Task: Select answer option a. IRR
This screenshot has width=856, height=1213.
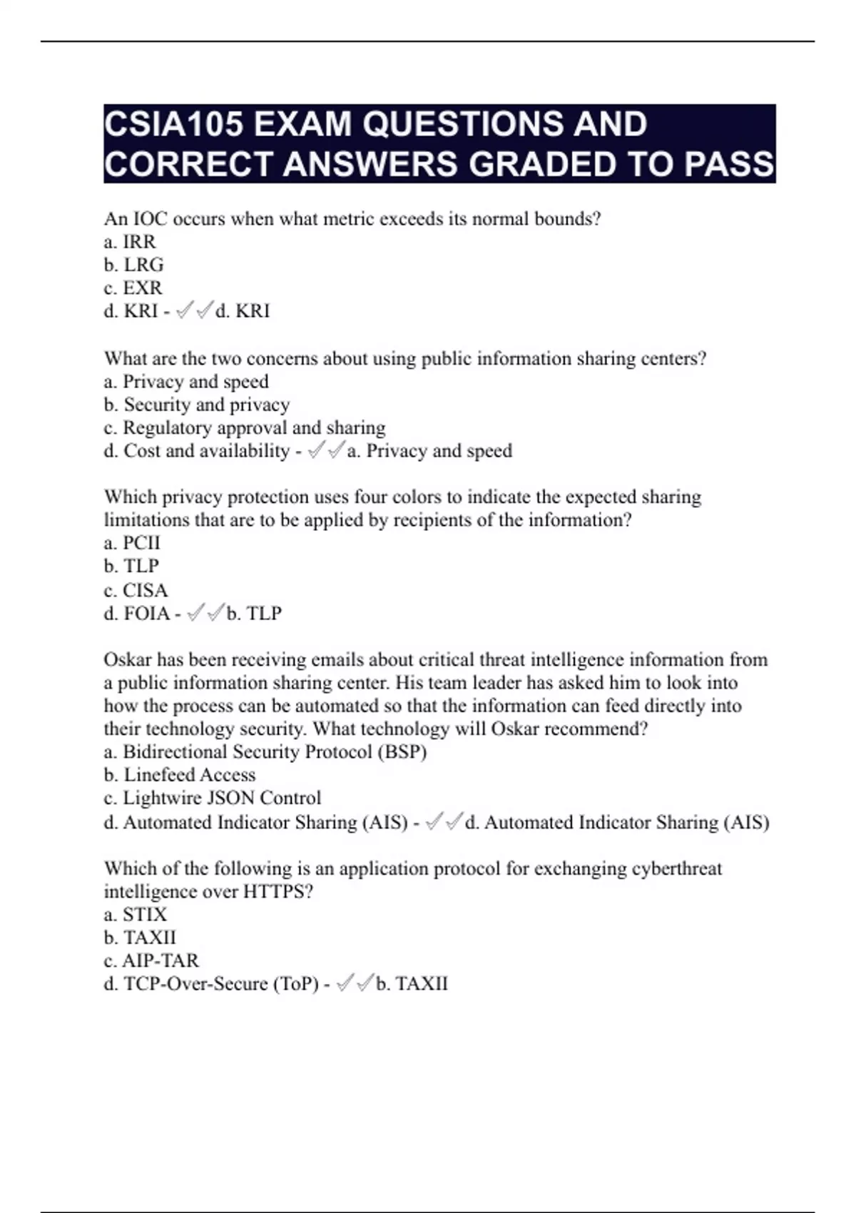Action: point(130,242)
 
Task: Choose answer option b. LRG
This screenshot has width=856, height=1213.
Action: point(133,265)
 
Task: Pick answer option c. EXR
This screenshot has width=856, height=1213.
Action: point(133,288)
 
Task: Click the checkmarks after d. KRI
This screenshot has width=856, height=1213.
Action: point(195,310)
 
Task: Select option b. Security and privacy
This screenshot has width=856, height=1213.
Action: point(197,405)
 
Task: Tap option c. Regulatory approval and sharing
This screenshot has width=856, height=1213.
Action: point(244,427)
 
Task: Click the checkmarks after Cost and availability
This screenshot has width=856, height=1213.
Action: point(327,450)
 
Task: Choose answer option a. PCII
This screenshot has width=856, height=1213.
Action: point(132,543)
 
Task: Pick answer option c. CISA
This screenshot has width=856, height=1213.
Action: point(136,590)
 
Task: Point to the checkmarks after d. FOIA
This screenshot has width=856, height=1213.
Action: point(205,613)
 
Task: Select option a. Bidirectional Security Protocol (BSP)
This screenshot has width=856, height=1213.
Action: point(265,752)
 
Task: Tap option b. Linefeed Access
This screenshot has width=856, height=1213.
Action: point(179,775)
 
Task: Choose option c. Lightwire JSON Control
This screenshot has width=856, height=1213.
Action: point(212,798)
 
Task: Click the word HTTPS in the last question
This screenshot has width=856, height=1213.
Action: point(277,892)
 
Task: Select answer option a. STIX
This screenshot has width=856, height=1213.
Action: point(135,915)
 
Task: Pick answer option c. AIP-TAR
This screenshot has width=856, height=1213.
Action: point(151,960)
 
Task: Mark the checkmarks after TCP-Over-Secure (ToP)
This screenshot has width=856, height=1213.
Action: point(355,983)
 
